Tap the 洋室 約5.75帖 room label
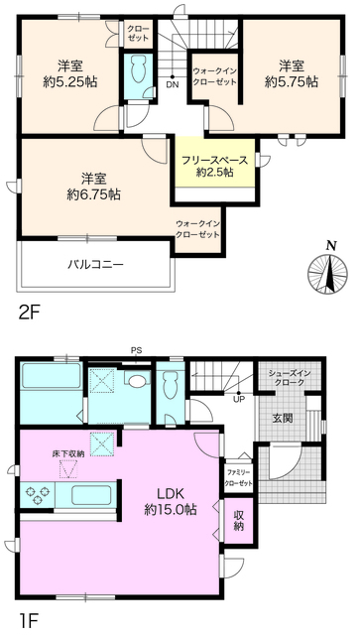pyautogui.click(x=291, y=74)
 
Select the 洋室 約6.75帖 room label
pyautogui.click(x=94, y=187)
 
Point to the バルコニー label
pyautogui.click(x=95, y=265)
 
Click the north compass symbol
pyautogui.click(x=330, y=267)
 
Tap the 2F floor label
pyautogui.click(x=29, y=312)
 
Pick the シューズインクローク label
pyautogui.click(x=286, y=378)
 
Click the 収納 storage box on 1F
pyautogui.click(x=240, y=520)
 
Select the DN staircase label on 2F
pyautogui.click(x=172, y=83)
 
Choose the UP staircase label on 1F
pyautogui.click(x=239, y=399)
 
